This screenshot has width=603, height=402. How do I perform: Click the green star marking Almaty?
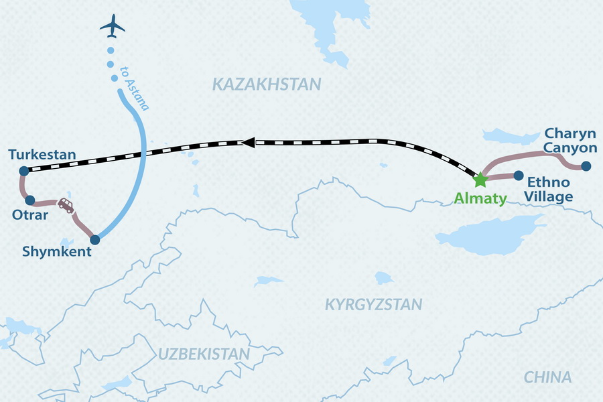coord(480,180)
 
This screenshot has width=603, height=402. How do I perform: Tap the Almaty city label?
coord(481,198)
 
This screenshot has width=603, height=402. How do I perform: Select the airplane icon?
coord(113,27)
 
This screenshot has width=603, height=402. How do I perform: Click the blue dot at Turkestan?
coord(23,170)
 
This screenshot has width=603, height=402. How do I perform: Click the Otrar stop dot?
coord(29,200)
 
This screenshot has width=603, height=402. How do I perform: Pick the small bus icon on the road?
coord(66,204)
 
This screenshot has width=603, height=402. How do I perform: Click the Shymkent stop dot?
coord(95,239)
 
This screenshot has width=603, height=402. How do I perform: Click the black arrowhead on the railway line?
coord(247,142)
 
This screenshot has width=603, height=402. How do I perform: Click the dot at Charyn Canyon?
coord(586,166)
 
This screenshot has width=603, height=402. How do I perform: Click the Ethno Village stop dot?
coord(518,176)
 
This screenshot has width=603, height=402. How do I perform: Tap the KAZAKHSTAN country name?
coord(267,84)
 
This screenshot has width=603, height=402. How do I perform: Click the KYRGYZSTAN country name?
coord(374,305)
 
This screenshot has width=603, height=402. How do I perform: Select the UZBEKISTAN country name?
coord(204,354)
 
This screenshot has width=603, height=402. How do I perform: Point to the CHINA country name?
coord(548,377)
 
